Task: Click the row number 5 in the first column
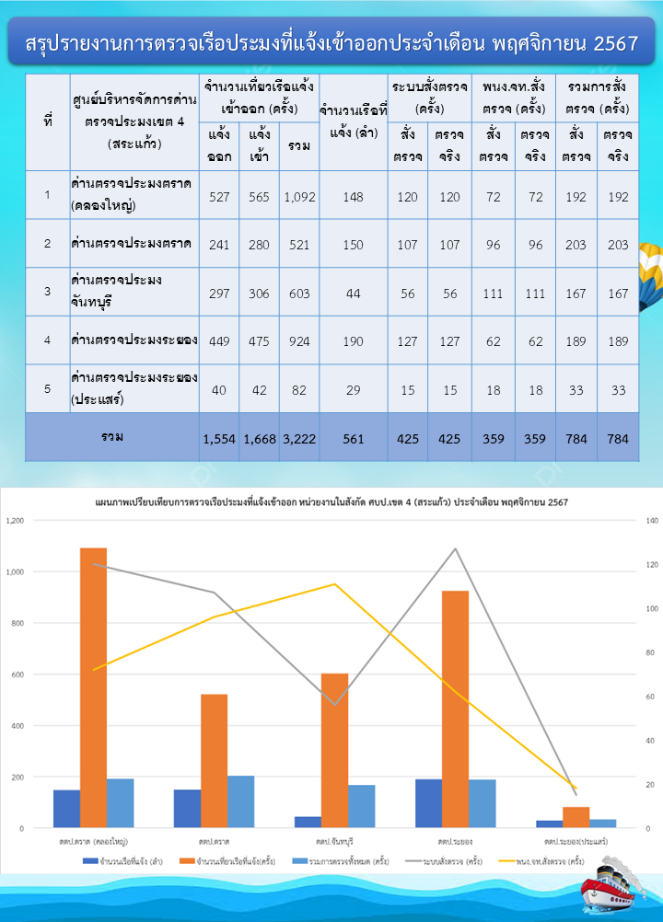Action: pyautogui.click(x=47, y=389)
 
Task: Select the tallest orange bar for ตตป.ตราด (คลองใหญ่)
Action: pyautogui.click(x=93, y=687)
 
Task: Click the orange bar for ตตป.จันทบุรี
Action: pyautogui.click(x=334, y=750)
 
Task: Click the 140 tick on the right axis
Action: pyautogui.click(x=647, y=521)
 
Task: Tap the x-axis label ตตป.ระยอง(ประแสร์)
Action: pyautogui.click(x=575, y=842)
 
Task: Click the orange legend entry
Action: pyautogui.click(x=238, y=862)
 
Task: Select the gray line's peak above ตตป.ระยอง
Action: pyautogui.click(x=455, y=549)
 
